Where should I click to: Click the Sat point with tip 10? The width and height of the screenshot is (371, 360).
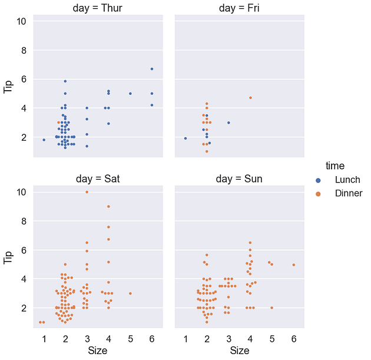pos(87,192)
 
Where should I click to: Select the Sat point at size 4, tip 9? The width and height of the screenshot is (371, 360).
pos(108,206)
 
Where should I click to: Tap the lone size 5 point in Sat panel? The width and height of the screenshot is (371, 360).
pos(130,293)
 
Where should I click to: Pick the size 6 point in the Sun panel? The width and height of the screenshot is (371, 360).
pos(293,265)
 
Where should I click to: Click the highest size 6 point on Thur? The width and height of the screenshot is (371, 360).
pos(151,69)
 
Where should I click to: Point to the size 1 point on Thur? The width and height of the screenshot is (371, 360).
pos(44,140)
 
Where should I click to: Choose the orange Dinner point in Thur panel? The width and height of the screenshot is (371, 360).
pos(59,123)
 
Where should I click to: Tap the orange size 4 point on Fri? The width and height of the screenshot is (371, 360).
pos(250,98)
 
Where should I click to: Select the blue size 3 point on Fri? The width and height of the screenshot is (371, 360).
pos(228,123)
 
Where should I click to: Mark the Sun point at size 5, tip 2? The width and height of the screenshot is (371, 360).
pos(271,308)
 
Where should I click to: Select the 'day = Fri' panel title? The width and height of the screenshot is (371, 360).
pos(240,8)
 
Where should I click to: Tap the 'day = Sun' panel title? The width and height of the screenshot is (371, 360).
pos(240,179)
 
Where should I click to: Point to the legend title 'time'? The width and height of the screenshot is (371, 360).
pos(336,166)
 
